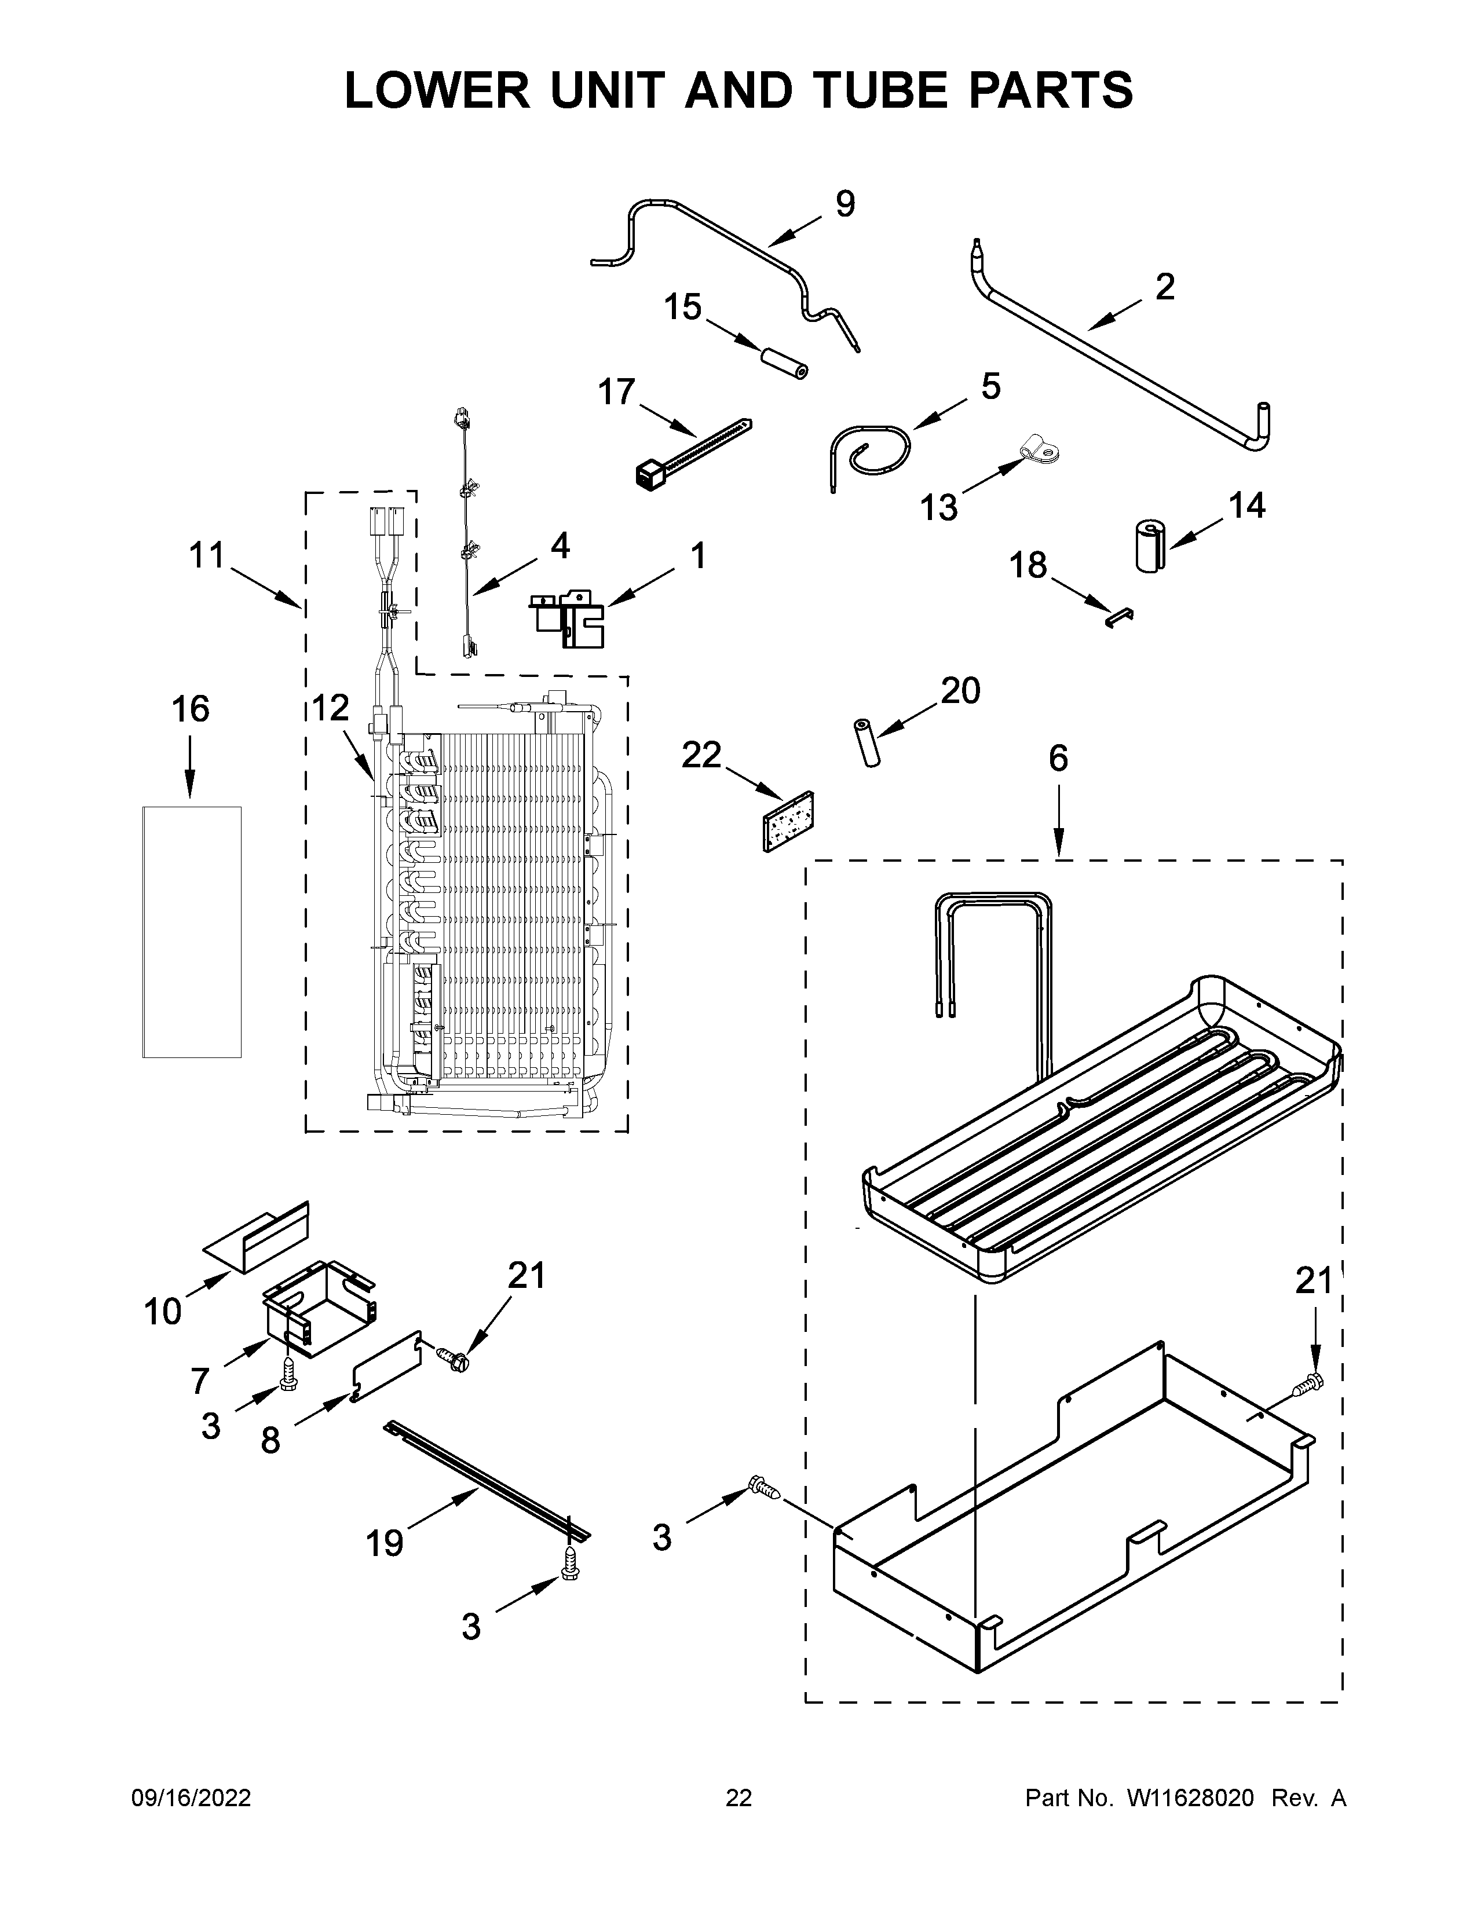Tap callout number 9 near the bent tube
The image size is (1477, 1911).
click(x=844, y=204)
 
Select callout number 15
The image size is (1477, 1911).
click(x=682, y=308)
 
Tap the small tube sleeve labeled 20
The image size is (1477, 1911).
click(x=869, y=743)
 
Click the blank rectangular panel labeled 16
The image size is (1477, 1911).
click(x=192, y=932)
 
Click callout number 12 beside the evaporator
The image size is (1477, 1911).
click(x=330, y=708)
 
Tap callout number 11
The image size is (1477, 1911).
click(x=207, y=555)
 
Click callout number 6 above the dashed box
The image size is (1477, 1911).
click(x=1058, y=759)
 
